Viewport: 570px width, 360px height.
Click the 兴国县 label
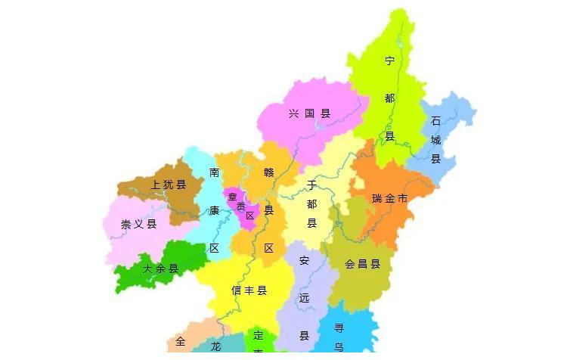coord(310,114)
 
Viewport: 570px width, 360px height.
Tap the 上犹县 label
coord(168,184)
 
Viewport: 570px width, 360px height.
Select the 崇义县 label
coord(138,224)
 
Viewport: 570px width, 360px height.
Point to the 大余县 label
coord(160,268)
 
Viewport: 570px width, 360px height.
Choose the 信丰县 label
coord(249,290)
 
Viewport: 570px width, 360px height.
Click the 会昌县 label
coord(362,265)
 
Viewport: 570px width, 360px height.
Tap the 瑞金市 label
coord(389,199)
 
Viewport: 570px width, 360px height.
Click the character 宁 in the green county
coord(389,61)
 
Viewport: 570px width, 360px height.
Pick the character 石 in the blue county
coord(435,121)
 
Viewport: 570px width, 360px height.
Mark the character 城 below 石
coord(435,140)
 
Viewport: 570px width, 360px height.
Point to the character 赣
coord(268,172)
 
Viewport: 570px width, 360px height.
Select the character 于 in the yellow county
coord(311,185)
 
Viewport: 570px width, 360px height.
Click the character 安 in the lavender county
coord(304,261)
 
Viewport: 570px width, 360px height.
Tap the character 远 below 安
coord(304,298)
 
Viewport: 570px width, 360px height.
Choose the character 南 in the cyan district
coord(215,172)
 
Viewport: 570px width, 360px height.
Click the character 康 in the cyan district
coord(214,210)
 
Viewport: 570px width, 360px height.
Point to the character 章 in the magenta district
coord(233,197)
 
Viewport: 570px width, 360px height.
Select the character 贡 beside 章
coord(241,206)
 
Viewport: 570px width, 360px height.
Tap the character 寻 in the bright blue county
coord(339,328)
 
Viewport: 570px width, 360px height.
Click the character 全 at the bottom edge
coord(180,342)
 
